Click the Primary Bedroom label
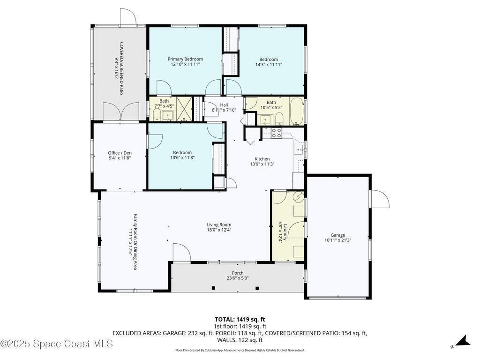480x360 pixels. (x=185, y=59)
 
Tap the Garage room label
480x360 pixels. (x=337, y=235)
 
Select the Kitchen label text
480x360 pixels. (x=262, y=159)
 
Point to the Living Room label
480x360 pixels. (x=219, y=225)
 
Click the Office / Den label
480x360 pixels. (x=120, y=153)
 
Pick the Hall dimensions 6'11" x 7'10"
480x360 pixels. (x=224, y=110)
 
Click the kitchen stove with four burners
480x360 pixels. (x=277, y=133)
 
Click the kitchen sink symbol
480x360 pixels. (x=299, y=150)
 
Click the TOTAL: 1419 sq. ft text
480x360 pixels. (x=240, y=320)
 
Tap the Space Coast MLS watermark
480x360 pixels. (x=57, y=344)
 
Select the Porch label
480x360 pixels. (x=238, y=273)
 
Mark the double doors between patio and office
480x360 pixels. (x=121, y=112)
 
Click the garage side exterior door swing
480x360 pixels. (x=380, y=199)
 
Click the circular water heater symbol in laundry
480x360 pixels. (x=299, y=197)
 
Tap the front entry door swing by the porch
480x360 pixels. (x=181, y=253)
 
